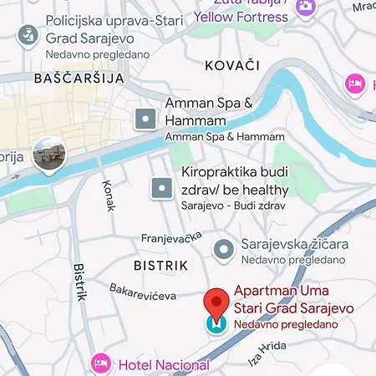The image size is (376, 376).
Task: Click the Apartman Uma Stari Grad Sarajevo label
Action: tap(292, 300)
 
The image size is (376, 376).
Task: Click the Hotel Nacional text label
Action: tap(164, 364)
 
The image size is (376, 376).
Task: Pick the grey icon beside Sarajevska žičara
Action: tap(223, 249)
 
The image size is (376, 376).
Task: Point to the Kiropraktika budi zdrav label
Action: tap(235, 181)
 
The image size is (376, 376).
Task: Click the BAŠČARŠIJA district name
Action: tap(79, 78)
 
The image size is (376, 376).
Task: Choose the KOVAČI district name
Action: tap(232, 65)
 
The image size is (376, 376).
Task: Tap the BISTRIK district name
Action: tap(160, 265)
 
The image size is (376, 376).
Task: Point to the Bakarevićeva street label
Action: tap(143, 292)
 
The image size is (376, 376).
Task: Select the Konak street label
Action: tap(109, 196)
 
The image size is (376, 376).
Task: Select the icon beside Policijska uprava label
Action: tap(28, 35)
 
